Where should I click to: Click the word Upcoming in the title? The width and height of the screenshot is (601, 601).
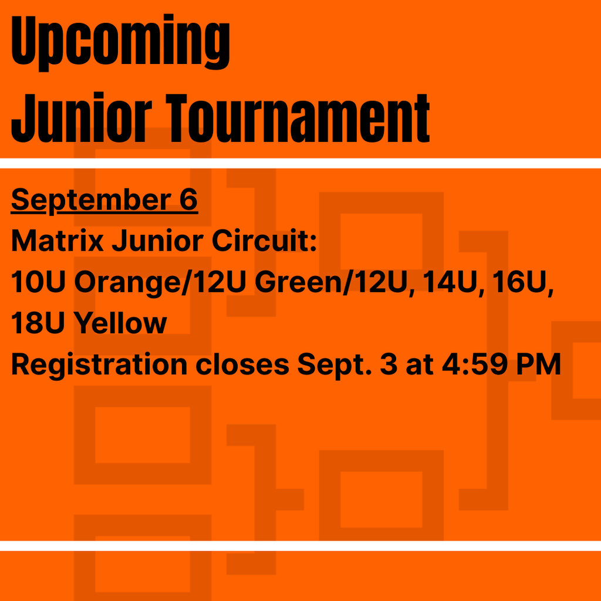point(120,42)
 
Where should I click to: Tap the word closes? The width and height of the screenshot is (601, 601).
point(242,365)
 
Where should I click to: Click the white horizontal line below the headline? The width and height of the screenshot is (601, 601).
point(300,163)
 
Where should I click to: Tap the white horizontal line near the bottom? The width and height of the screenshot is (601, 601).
point(300,546)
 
